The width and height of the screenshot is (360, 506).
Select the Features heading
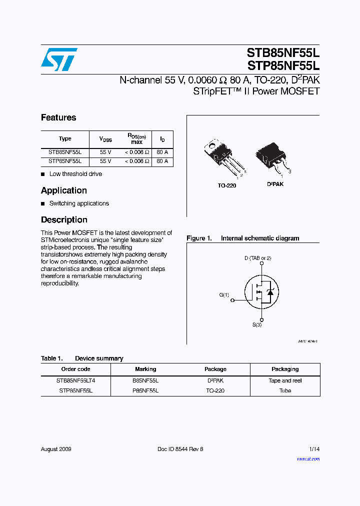pos(58,117)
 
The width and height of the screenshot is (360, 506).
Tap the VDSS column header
pos(105,139)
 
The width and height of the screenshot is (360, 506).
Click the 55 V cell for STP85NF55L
pos(105,161)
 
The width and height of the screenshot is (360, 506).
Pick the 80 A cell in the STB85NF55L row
pos(162,151)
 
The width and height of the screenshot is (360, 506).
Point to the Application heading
pos(64,190)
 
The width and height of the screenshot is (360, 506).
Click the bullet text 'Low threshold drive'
pos(75,174)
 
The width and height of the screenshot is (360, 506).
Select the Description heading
pos(64,220)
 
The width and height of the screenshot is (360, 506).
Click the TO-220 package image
pos(223,157)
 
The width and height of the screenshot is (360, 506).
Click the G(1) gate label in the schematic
pos(224,295)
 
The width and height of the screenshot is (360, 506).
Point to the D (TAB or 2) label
pos(258,258)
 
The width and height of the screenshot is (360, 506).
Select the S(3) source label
pos(256,325)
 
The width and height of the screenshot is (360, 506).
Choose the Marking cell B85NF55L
pos(145,380)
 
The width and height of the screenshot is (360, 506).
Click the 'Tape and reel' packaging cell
pos(285,380)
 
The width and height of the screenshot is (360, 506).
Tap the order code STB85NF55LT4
pos(75,380)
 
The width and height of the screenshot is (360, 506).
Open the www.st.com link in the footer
pos(308,459)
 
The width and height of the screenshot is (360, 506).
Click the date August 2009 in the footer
pos(56,449)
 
